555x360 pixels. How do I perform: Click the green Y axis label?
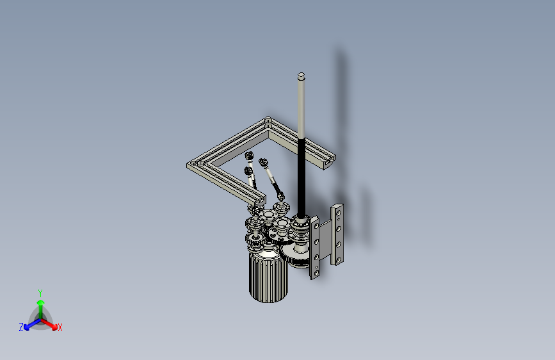click(40, 293)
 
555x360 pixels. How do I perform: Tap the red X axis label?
click(60, 327)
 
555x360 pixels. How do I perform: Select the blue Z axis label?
click(21, 327)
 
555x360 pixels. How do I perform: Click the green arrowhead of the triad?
click(41, 302)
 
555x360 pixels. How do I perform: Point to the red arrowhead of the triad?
click(54, 327)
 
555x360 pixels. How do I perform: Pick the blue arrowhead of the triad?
click(26, 327)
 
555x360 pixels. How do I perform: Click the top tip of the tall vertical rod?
click(302, 74)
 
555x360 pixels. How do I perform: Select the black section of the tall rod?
click(302, 177)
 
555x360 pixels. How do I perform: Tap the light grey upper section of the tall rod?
click(302, 106)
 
